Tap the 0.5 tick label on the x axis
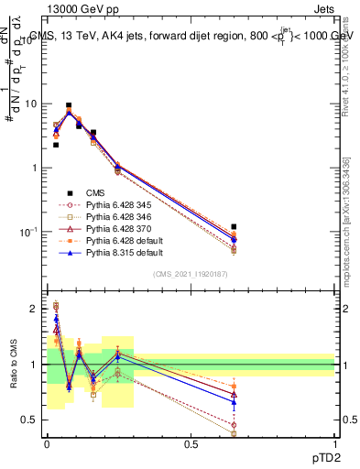[x=191, y=442]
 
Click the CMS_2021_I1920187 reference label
[x=191, y=274]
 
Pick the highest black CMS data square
[x=69, y=106]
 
